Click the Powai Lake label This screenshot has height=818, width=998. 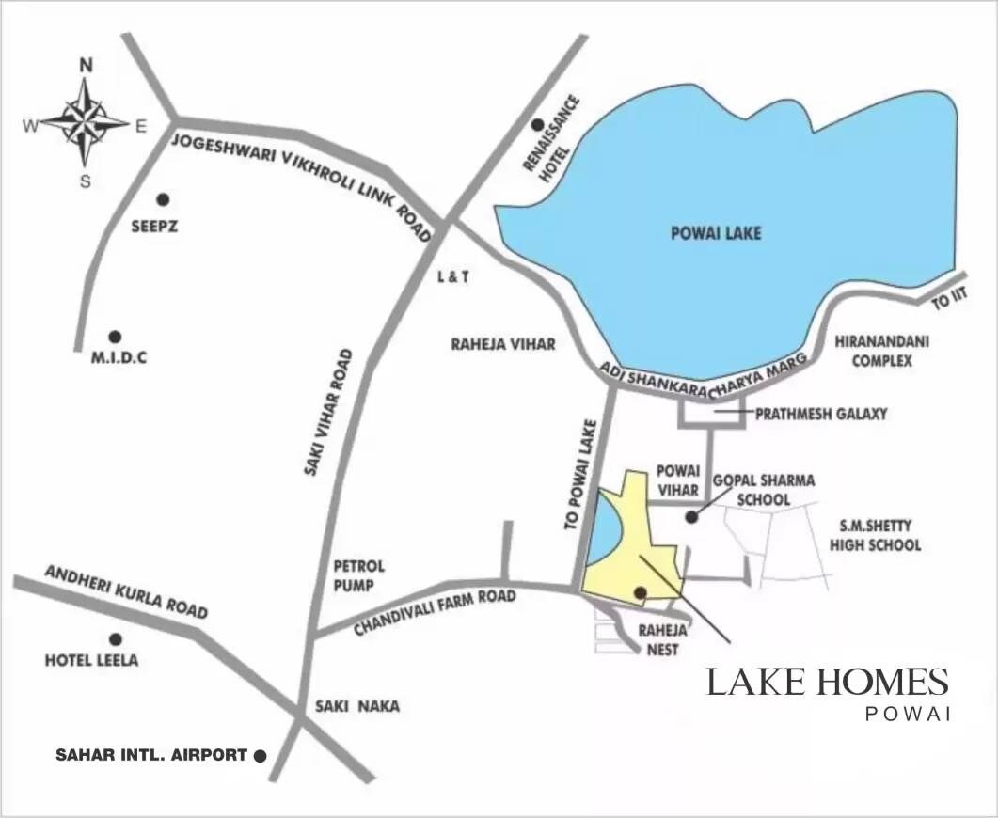click(x=716, y=233)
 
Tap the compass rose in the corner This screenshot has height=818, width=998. click(x=86, y=121)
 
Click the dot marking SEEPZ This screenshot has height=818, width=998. click(x=163, y=199)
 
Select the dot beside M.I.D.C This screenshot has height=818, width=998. click(x=115, y=337)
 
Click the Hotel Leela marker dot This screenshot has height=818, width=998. click(x=116, y=639)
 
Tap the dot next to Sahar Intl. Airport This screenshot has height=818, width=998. click(x=261, y=755)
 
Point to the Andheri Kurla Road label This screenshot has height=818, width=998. click(x=126, y=591)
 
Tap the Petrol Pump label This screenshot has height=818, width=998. click(x=359, y=575)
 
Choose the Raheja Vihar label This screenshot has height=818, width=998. click(x=503, y=345)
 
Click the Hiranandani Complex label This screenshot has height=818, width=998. click(x=881, y=351)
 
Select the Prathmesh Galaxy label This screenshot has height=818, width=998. click(x=821, y=413)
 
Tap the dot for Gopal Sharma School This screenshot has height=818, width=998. click(x=691, y=516)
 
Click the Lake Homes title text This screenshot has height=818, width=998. click(x=827, y=683)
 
